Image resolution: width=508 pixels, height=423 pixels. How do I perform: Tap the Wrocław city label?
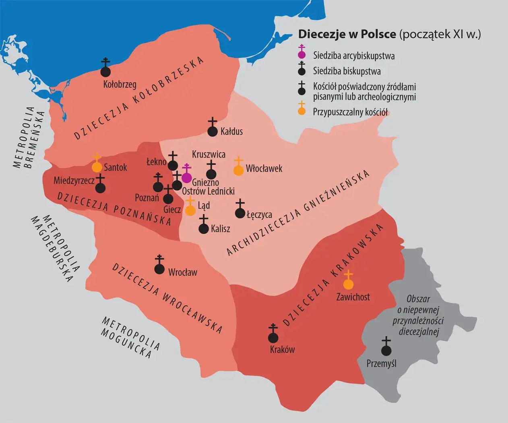pyautogui.click(x=183, y=272)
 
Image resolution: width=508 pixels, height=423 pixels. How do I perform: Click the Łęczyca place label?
pyautogui.click(x=259, y=215)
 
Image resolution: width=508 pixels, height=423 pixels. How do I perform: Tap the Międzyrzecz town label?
pyautogui.click(x=74, y=180)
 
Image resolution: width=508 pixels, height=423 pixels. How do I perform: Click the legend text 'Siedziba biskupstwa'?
pyautogui.click(x=347, y=71)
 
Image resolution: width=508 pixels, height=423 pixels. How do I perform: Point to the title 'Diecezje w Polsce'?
pyautogui.click(x=347, y=34)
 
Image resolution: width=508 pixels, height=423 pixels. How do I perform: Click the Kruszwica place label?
pyautogui.click(x=209, y=154)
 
